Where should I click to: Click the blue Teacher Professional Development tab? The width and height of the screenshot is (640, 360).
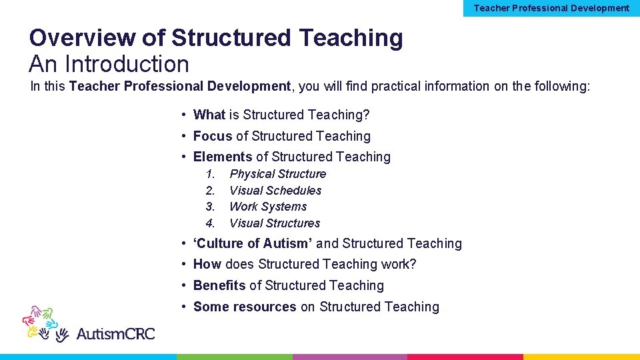[551, 8]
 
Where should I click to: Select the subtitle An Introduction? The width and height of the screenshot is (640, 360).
[109, 64]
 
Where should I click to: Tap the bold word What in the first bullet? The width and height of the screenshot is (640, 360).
[209, 115]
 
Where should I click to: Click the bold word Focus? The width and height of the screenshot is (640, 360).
[213, 136]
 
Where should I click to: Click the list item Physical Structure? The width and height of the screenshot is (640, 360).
[277, 174]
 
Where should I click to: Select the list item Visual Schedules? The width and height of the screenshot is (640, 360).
[275, 191]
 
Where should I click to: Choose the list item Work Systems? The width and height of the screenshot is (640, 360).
[268, 207]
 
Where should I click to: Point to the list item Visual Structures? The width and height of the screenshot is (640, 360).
[275, 223]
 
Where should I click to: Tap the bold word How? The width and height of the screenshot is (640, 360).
[207, 264]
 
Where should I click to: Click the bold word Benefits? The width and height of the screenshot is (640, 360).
[219, 285]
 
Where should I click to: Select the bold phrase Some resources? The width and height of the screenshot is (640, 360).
[245, 307]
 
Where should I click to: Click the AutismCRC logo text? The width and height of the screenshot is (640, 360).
[115, 333]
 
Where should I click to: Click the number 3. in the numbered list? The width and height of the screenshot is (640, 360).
[210, 207]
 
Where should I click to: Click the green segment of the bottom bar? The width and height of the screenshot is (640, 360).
[234, 357]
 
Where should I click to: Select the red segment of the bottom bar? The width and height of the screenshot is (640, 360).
[465, 357]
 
